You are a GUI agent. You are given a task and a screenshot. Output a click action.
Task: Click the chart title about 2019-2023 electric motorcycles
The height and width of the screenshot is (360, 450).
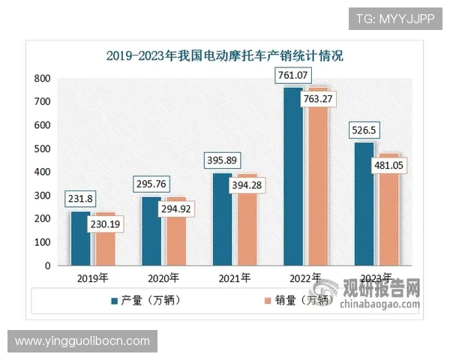coord(224,55)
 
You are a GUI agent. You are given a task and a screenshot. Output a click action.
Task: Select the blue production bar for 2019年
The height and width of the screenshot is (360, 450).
coord(80,238)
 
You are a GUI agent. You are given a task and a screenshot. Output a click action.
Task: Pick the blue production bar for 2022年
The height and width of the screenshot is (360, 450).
coord(293,180)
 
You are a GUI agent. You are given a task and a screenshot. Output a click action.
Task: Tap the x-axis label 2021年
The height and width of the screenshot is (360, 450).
coord(232,278)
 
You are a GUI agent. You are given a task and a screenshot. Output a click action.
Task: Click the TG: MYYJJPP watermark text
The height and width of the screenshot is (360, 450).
coord(394,18)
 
